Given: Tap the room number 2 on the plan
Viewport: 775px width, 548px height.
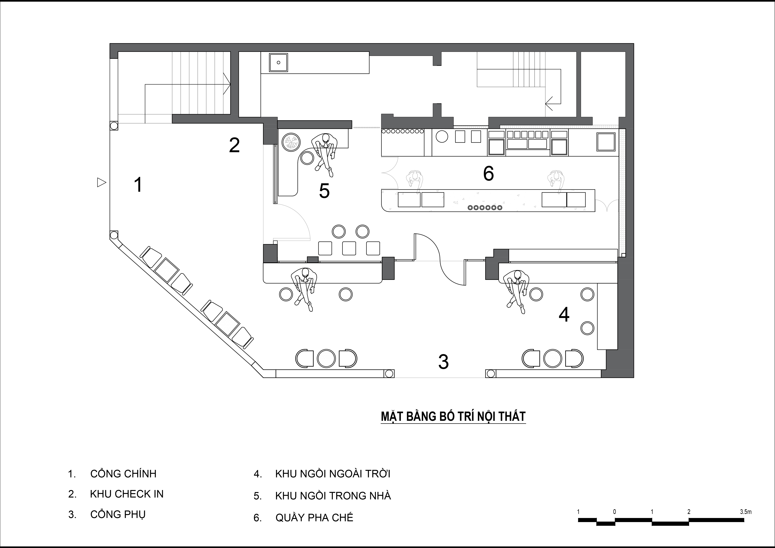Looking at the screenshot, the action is point(234,145).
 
